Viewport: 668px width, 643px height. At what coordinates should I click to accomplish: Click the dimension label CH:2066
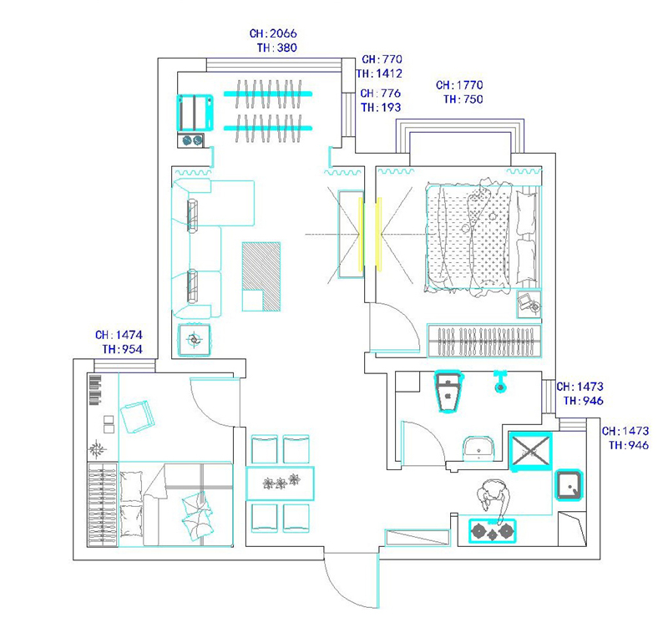[x=273, y=33]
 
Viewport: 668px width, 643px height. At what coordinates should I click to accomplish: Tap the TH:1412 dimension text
[x=380, y=73]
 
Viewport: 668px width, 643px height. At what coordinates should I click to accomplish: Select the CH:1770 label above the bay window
[x=459, y=85]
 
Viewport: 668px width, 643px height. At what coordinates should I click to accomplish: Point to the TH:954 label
[x=122, y=349]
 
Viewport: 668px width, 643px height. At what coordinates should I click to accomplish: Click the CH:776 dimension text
[x=381, y=93]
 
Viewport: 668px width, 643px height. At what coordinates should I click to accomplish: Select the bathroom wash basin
[x=478, y=448]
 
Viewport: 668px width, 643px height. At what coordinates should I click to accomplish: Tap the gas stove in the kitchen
[x=493, y=531]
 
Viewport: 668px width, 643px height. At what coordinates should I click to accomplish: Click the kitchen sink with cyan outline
[x=569, y=485]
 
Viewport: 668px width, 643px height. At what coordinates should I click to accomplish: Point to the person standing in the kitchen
[x=493, y=499]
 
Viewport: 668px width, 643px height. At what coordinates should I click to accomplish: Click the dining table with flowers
[x=280, y=484]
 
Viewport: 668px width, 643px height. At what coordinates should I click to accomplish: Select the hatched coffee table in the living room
[x=261, y=276]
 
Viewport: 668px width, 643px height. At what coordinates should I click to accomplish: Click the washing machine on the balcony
[x=195, y=113]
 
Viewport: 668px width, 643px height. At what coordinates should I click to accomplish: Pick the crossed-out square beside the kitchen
[x=531, y=452]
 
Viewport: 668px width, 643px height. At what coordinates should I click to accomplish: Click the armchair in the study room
[x=137, y=417]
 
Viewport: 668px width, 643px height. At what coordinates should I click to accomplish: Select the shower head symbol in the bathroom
[x=500, y=382]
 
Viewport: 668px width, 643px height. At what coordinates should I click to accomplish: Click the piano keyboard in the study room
[x=95, y=390]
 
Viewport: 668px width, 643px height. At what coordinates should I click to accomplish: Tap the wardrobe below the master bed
[x=484, y=341]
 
